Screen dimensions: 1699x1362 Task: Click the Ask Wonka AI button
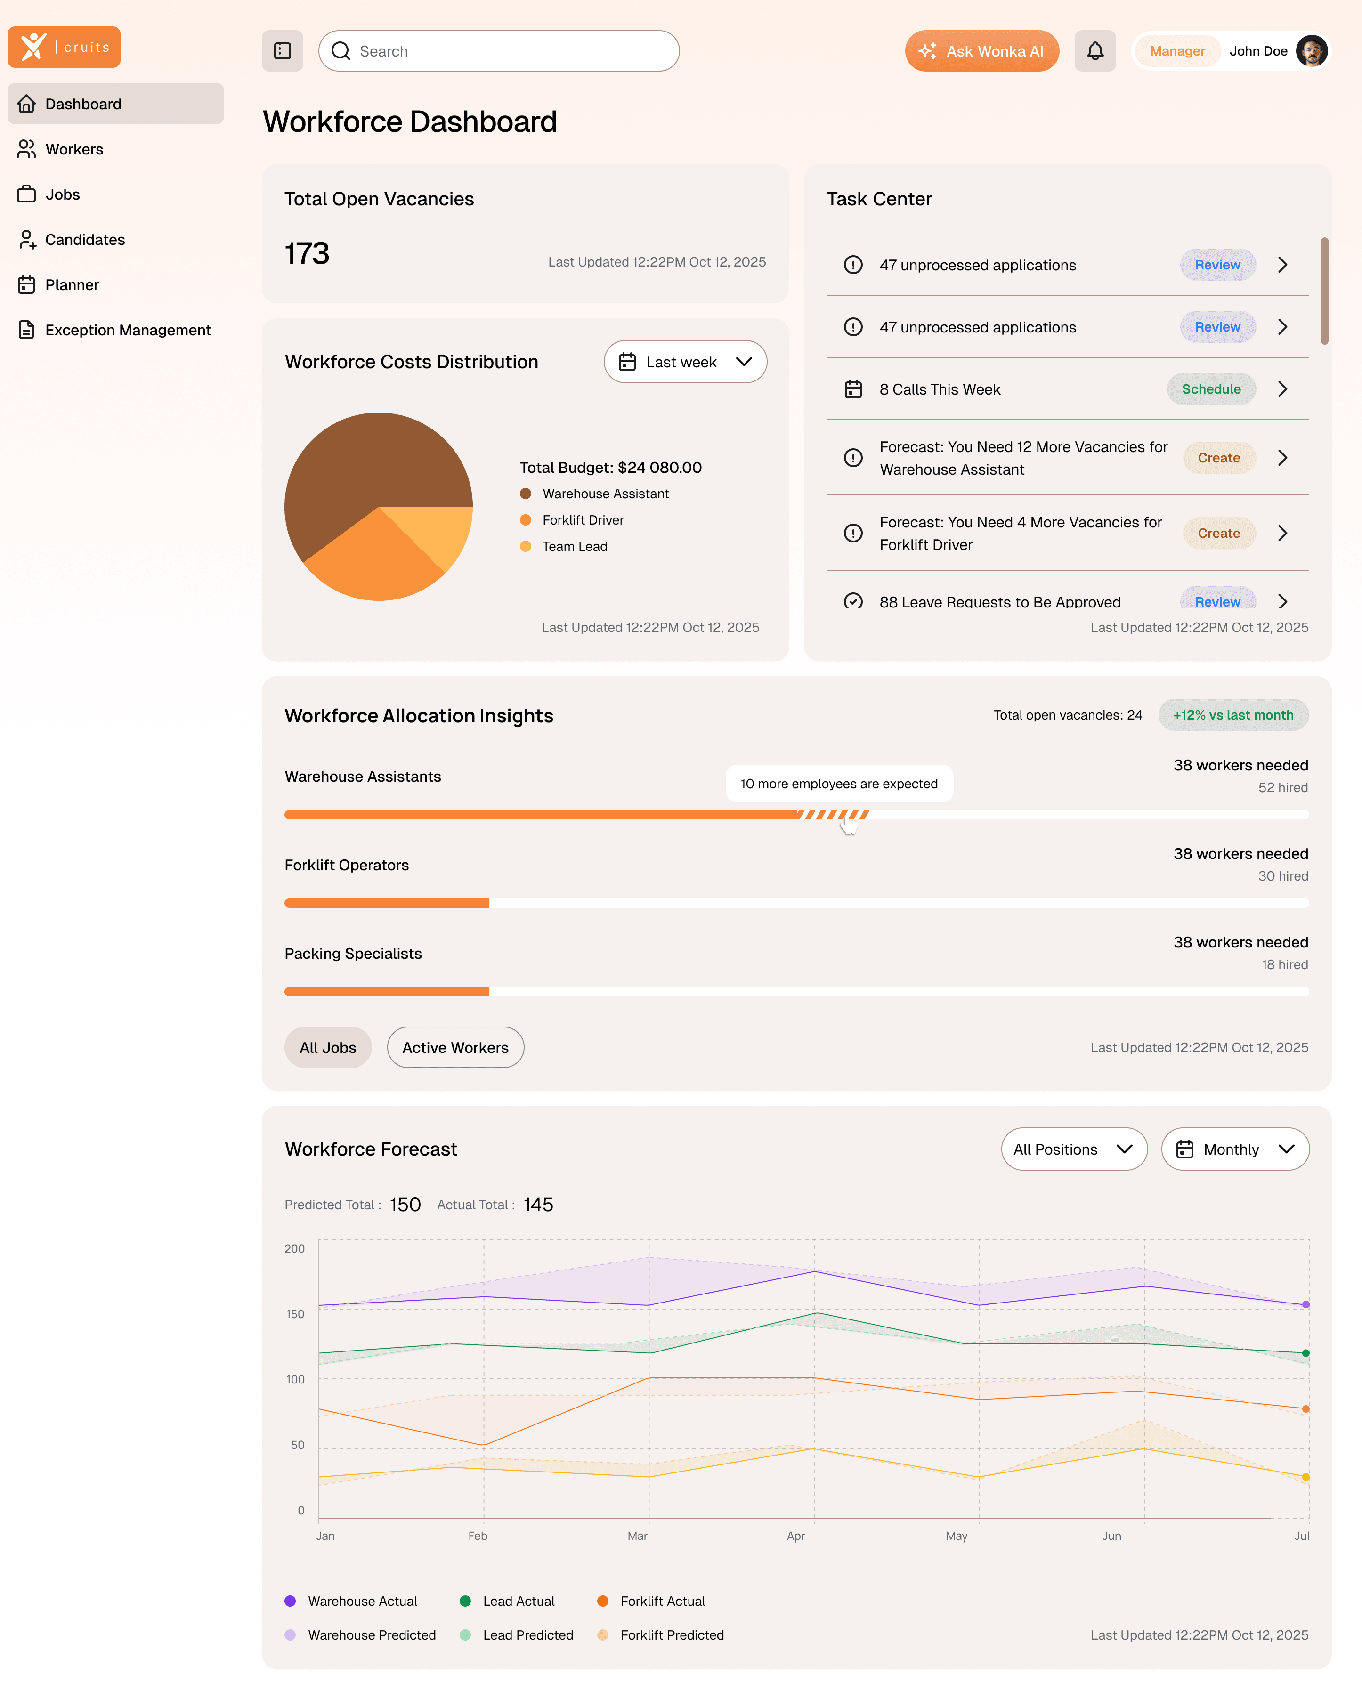click(x=981, y=51)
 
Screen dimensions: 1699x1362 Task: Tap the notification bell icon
click(x=1095, y=51)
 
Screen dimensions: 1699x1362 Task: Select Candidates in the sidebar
click(x=84, y=240)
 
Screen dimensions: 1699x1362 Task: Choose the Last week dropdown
click(x=684, y=362)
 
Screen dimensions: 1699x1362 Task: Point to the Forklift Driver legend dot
click(x=526, y=520)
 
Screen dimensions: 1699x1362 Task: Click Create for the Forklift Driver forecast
click(x=1218, y=534)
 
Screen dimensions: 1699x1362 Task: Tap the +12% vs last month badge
click(x=1233, y=715)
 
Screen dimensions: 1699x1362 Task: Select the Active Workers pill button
click(x=455, y=1047)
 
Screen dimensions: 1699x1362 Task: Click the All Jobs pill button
click(x=328, y=1047)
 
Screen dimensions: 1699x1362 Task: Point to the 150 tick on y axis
click(x=295, y=1314)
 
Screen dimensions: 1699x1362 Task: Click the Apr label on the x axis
click(x=795, y=1536)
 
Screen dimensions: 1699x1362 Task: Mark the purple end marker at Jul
click(x=1306, y=1305)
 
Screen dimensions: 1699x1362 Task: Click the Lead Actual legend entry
click(x=508, y=1601)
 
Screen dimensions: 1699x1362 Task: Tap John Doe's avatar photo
click(x=1311, y=51)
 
